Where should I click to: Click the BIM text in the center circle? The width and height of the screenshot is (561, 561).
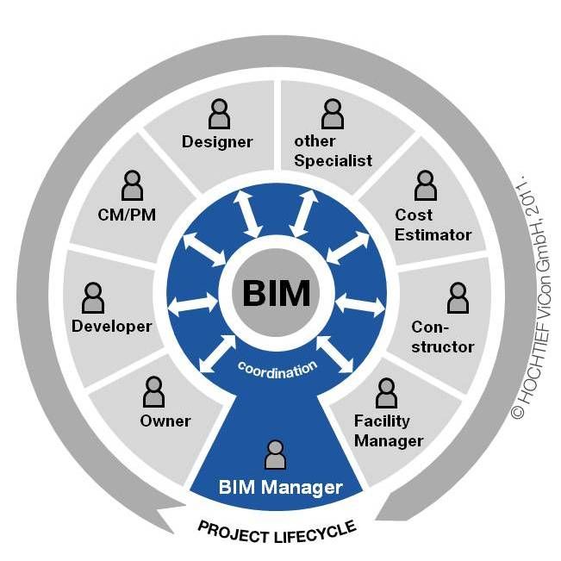(276, 293)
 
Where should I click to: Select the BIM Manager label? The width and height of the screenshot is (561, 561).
(280, 488)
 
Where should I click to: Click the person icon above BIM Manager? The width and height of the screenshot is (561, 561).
(276, 454)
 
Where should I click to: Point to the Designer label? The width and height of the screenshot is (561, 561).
(217, 141)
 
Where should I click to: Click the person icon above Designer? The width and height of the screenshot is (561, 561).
(219, 113)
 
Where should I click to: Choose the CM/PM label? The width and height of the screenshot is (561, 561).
(127, 214)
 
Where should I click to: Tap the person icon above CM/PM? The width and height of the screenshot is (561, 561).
(132, 184)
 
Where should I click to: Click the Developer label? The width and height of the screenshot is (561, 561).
(112, 326)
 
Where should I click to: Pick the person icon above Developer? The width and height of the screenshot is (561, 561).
(92, 297)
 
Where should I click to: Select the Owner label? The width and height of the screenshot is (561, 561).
(165, 421)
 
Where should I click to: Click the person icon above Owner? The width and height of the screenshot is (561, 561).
(154, 392)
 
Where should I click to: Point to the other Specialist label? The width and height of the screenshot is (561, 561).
(332, 151)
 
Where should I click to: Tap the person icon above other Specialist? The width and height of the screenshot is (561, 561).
(333, 113)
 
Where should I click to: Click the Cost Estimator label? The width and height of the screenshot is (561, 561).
(433, 224)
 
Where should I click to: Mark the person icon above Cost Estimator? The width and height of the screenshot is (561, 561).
(425, 184)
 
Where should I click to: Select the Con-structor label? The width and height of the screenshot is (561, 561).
(442, 337)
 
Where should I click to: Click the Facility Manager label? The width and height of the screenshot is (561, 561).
(388, 431)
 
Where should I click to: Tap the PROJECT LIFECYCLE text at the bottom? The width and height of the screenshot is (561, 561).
(277, 527)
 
